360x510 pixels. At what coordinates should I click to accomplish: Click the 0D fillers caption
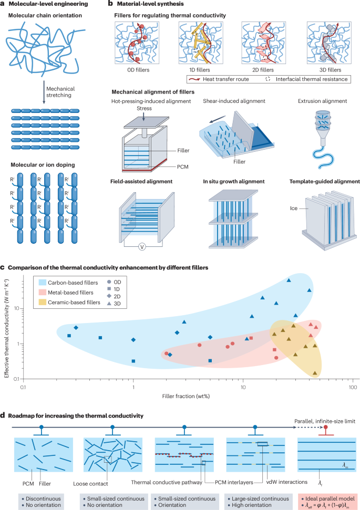point(138,70)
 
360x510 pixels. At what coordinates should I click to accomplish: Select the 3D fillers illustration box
point(329,43)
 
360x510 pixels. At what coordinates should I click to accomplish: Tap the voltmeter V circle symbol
point(142,247)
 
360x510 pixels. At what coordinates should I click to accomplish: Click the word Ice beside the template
point(294,208)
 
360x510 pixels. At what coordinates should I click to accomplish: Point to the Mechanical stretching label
point(60,92)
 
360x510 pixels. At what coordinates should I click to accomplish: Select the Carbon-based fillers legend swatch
point(42,283)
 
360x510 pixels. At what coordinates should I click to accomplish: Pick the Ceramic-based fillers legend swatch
point(42,302)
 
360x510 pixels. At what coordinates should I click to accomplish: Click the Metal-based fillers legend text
point(70,293)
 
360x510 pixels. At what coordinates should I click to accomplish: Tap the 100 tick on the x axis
point(353,388)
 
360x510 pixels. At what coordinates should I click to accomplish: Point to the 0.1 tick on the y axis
point(16,379)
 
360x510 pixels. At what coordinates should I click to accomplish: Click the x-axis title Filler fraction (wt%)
point(186,396)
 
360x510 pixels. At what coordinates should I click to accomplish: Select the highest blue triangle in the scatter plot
point(289,280)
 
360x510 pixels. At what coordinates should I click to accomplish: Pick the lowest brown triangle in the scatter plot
point(315,373)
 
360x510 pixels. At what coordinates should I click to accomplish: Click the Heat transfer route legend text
point(225,79)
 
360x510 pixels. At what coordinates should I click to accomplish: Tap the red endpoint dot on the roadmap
point(326,427)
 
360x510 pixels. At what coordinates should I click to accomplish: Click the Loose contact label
point(90,484)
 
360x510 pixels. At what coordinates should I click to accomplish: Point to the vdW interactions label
point(287,482)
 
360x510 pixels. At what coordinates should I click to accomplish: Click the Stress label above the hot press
point(144,108)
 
